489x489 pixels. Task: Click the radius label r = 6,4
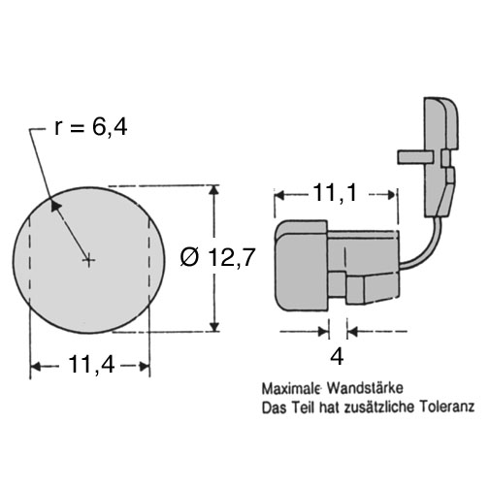(x=91, y=127)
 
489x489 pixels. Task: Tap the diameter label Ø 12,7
(x=218, y=258)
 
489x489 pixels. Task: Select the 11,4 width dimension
(x=91, y=365)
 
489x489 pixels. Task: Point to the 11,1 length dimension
(x=335, y=193)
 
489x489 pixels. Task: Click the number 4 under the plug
(x=337, y=357)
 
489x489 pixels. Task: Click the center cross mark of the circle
(x=88, y=260)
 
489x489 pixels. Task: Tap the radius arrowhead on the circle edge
(x=54, y=206)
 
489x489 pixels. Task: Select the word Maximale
(x=291, y=388)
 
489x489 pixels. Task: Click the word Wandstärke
(x=365, y=388)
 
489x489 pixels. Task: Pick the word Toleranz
(x=447, y=407)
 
